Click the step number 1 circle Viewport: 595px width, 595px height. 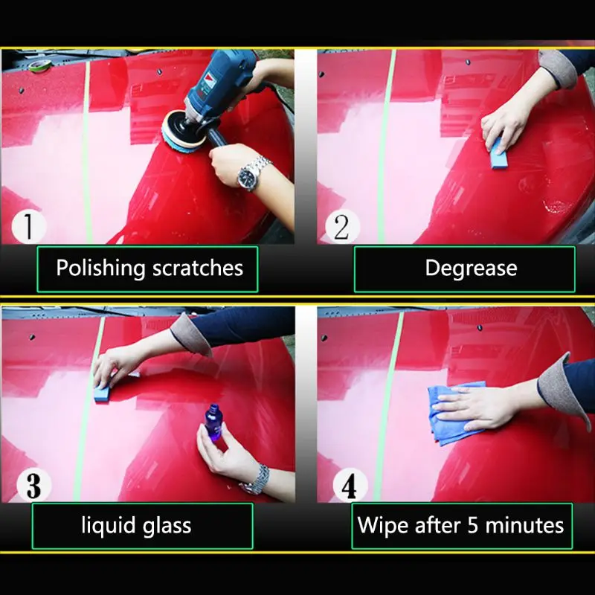point(29,226)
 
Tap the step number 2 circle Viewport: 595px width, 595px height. point(342,227)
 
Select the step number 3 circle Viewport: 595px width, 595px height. point(33,486)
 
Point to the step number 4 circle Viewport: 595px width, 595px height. point(350,486)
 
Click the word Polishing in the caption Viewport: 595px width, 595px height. point(100,268)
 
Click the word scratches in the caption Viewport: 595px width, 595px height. point(198,268)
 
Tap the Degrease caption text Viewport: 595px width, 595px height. point(471,268)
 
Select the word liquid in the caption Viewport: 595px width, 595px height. point(109,526)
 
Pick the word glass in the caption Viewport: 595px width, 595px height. point(167,526)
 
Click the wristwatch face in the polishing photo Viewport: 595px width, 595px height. point(248,176)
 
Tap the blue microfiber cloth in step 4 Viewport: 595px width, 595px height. point(454,414)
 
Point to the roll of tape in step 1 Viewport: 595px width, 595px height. point(40,65)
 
